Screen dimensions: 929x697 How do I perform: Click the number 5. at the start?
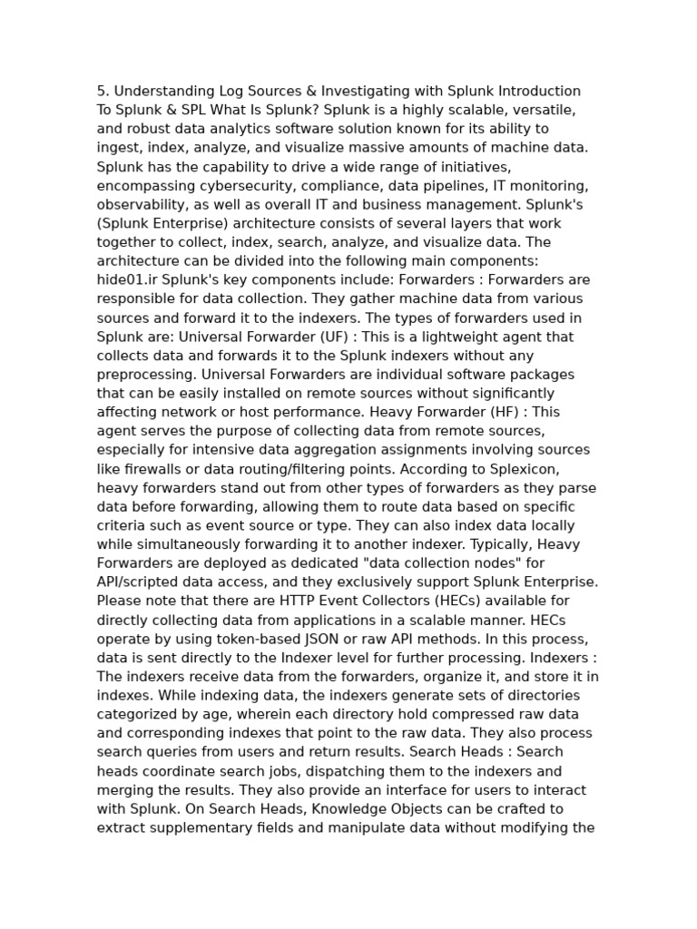tap(103, 91)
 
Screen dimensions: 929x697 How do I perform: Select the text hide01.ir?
tap(127, 279)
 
